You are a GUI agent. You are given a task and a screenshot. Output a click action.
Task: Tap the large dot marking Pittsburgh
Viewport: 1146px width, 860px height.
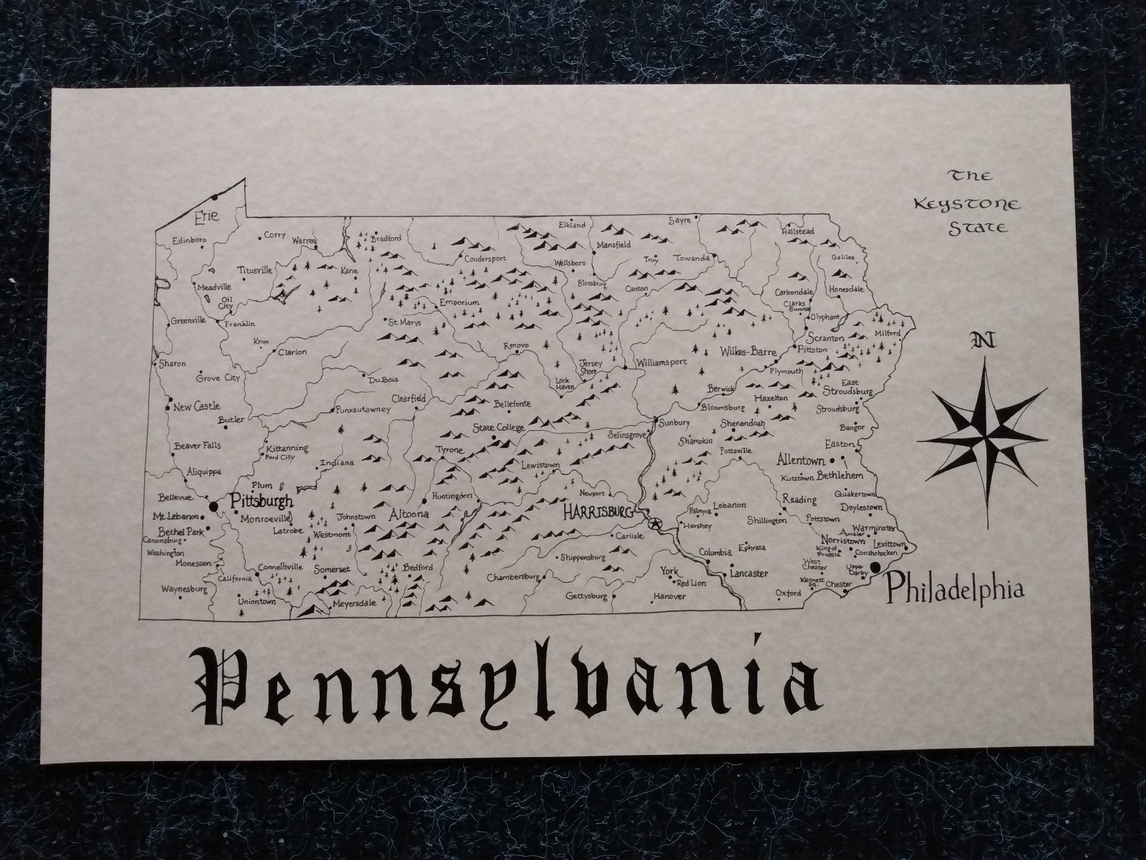tap(213, 505)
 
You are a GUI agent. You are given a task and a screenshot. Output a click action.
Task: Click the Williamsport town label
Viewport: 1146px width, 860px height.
tap(662, 362)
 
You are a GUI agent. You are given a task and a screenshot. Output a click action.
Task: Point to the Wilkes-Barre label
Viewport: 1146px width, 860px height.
tap(748, 352)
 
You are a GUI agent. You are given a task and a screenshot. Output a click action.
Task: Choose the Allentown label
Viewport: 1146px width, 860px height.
tap(800, 460)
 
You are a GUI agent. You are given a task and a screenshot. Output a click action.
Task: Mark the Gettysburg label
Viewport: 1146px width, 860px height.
tap(586, 596)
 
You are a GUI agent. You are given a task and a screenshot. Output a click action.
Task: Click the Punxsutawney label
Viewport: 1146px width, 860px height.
tap(363, 409)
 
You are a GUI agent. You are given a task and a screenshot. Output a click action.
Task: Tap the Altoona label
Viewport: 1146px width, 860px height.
tap(409, 514)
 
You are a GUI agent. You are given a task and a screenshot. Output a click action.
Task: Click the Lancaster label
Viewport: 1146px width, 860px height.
tap(749, 573)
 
